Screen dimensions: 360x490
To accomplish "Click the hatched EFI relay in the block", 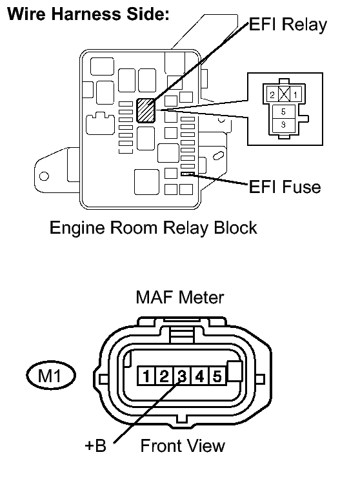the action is pos(146,110).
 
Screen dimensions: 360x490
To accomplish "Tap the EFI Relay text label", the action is pos(288,25).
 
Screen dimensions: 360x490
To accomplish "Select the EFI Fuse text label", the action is pos(285,187).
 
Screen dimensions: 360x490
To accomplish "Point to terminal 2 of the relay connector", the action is pos(272,95).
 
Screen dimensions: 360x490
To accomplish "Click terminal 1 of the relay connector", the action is pos(295,95).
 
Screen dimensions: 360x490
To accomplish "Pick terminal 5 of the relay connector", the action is pos(283,112).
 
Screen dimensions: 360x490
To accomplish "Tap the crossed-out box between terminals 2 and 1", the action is pos(284,95).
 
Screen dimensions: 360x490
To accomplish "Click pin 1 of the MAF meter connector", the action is pos(146,376).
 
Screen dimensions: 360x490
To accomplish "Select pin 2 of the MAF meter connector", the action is pos(164,376).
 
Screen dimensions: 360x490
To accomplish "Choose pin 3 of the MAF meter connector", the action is pos(182,376).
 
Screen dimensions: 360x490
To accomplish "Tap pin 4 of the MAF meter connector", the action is pos(199,376).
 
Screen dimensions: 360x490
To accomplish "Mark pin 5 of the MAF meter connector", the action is pos(217,376).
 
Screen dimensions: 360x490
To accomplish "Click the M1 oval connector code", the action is pos(51,375).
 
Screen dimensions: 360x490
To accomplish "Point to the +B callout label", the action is pos(95,445).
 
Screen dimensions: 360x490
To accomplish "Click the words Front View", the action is pos(183,445).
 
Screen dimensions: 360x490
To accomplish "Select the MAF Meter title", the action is pos(180,297).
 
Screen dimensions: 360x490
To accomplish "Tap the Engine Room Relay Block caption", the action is pos(154,228).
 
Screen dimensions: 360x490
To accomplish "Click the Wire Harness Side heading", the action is pos(88,14).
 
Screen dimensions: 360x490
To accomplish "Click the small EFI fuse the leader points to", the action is pos(188,174).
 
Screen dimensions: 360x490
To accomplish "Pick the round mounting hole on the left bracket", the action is pos(44,176).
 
